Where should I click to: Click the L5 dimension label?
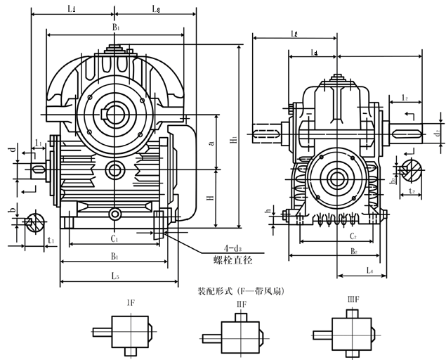click(x=114, y=275)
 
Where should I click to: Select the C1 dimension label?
click(x=113, y=239)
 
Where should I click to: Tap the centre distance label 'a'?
click(x=211, y=143)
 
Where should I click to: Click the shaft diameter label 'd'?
click(x=11, y=150)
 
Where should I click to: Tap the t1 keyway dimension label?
click(x=50, y=240)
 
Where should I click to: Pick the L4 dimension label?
click(x=313, y=53)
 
